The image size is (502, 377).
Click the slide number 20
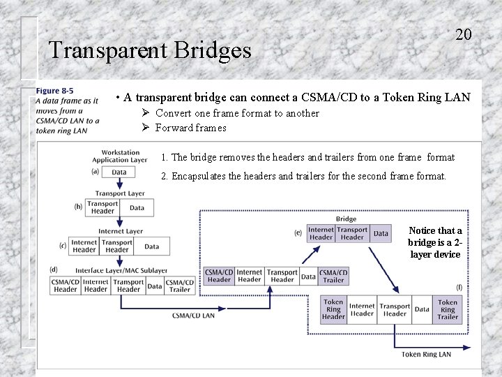pos(464,34)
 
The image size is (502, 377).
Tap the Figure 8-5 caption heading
pos(54,91)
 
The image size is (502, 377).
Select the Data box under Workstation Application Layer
pos(119,172)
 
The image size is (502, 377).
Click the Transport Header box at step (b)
pos(102,207)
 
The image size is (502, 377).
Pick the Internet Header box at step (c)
pos(84,246)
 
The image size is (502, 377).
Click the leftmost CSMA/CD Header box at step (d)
pos(66,286)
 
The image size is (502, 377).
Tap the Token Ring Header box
pos(333,309)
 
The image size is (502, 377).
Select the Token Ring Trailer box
pos(448,309)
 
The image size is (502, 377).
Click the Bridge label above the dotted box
pos(346,219)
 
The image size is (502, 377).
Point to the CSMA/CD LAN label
pos(193,316)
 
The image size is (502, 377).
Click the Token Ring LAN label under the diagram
pos(425,355)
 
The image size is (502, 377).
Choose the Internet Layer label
pos(120,231)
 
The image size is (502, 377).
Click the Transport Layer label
pos(120,193)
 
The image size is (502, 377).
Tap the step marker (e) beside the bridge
pos(298,232)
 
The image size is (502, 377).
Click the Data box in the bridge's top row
pos(381,233)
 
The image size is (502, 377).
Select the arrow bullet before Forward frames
pos(146,128)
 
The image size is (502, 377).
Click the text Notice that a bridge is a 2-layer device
pos(434,242)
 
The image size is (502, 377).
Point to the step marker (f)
pos(459,287)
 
